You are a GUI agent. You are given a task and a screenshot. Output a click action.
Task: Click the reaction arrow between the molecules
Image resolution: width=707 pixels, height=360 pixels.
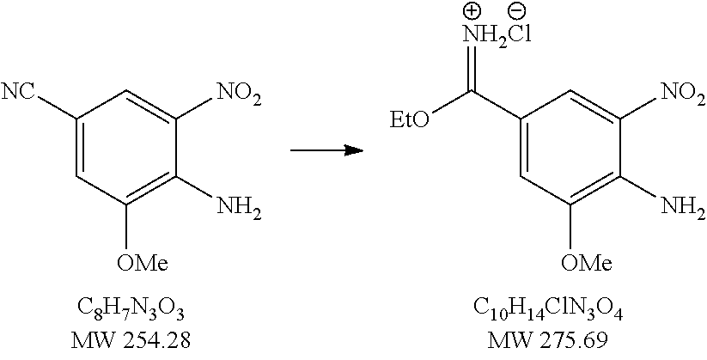pyautogui.click(x=324, y=151)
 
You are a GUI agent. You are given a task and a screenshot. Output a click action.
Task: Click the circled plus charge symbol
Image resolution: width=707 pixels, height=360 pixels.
pyautogui.click(x=471, y=10)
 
